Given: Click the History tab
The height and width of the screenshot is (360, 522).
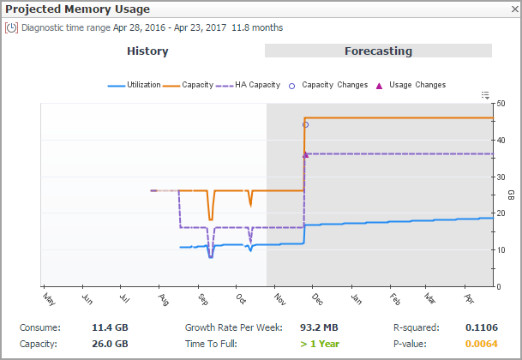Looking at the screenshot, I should point(147,51).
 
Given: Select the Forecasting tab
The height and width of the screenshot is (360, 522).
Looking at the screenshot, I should point(378,51).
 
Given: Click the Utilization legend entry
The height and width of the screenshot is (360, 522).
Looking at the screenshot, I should point(135,85).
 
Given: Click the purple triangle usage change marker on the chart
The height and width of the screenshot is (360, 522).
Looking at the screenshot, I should point(305,154).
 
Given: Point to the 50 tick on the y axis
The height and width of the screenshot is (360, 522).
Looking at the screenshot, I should point(500,104).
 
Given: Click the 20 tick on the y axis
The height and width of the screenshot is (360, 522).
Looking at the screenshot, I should point(500,213).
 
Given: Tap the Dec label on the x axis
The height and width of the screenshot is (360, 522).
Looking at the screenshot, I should point(316,299).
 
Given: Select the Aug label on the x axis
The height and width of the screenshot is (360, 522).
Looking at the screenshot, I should point(164,299).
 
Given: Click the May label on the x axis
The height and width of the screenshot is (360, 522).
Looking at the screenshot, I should point(49,299).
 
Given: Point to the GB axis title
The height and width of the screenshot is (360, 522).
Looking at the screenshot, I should point(511,195).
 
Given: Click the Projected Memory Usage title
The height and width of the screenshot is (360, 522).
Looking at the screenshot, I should point(78,9).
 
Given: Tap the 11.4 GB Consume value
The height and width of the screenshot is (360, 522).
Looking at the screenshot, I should point(110,327).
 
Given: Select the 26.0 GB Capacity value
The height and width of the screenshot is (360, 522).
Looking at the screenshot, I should point(110,344).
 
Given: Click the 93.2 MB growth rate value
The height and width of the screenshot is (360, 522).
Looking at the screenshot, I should point(319,327).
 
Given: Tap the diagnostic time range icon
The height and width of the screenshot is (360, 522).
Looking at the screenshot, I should point(12,27).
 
